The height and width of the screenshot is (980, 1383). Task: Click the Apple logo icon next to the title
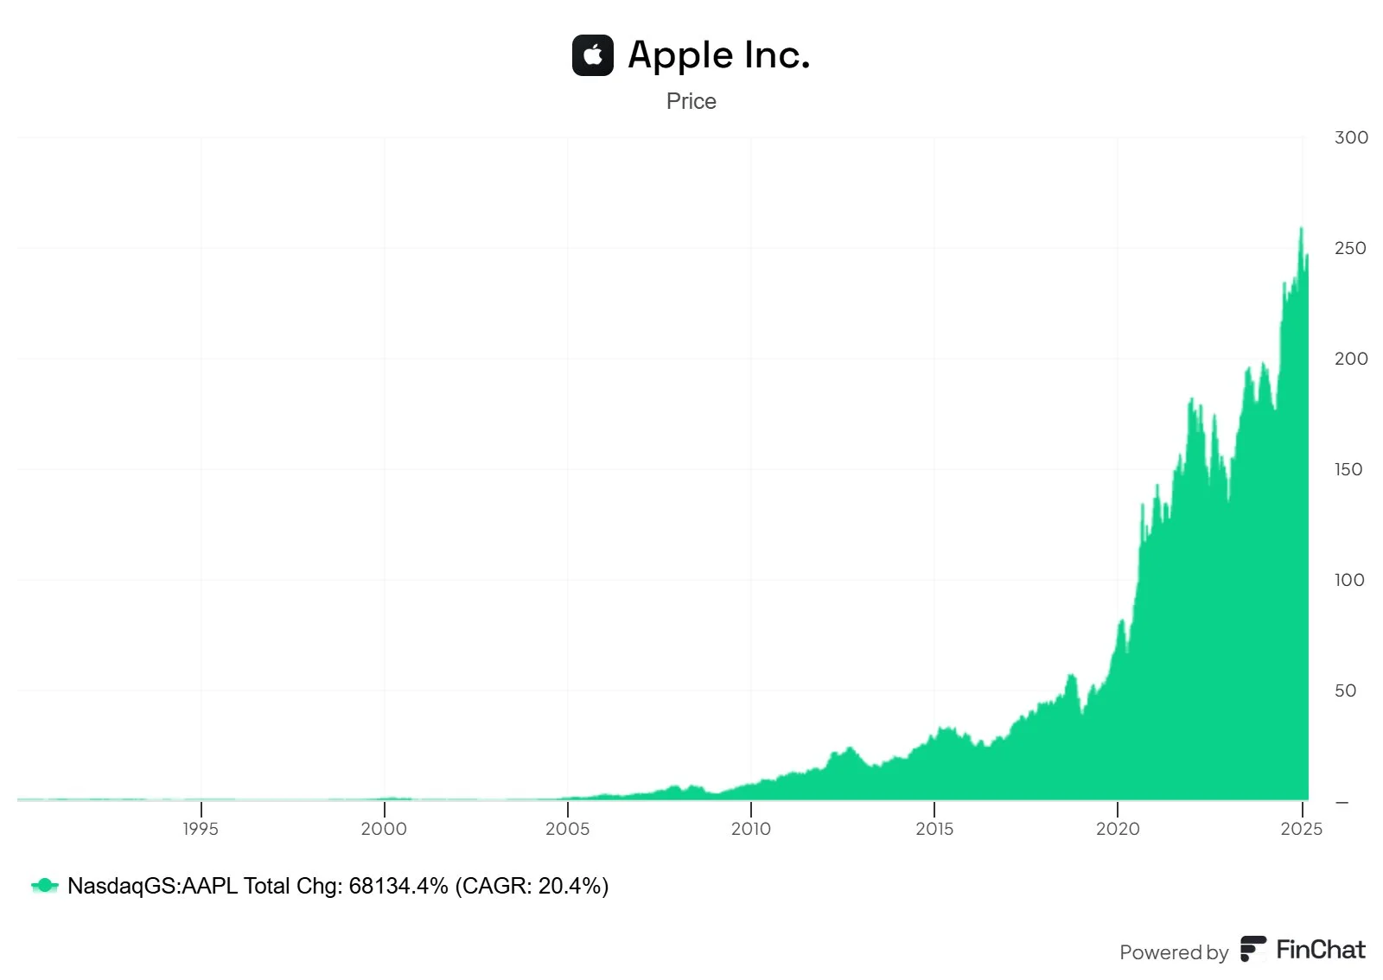click(592, 55)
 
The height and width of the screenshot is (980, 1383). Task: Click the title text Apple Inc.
click(718, 55)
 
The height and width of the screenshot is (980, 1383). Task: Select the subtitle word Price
click(691, 101)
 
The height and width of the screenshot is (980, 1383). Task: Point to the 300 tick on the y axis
click(1350, 137)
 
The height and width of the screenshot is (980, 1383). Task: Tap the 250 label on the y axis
click(1350, 248)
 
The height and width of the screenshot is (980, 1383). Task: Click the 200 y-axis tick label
click(1350, 359)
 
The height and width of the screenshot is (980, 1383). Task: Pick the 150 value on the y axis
click(1348, 469)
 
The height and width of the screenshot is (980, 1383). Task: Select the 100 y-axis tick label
click(1348, 580)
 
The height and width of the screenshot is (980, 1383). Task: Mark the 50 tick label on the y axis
click(1345, 690)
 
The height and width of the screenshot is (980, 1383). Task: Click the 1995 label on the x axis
click(201, 829)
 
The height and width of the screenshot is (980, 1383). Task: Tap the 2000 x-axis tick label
click(384, 829)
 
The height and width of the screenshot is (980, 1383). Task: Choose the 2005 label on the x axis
click(567, 829)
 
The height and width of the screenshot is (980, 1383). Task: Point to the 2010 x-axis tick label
click(750, 829)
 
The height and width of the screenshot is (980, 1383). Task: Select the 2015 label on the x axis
click(934, 829)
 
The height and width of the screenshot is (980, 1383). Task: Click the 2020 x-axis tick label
click(1118, 829)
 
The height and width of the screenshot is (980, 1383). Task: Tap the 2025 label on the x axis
click(1301, 829)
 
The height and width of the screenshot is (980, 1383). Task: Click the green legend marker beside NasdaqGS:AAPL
click(44, 886)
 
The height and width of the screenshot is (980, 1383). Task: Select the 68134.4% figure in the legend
click(398, 886)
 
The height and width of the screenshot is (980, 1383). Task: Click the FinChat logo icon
click(1252, 949)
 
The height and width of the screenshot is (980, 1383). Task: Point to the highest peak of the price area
click(1301, 229)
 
